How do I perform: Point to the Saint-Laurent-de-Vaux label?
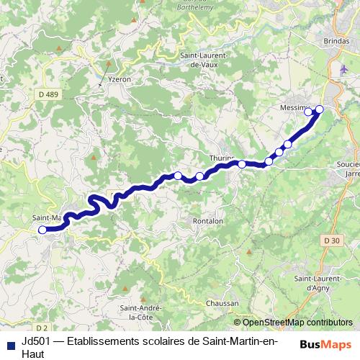point(204,60)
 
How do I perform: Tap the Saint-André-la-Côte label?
point(141,311)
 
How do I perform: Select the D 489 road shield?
point(50,94)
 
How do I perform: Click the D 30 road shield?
point(331,240)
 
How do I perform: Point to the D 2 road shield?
point(40,317)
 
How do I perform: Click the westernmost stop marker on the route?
point(42,230)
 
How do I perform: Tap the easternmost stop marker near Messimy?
point(320,109)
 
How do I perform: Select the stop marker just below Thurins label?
point(242,165)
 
